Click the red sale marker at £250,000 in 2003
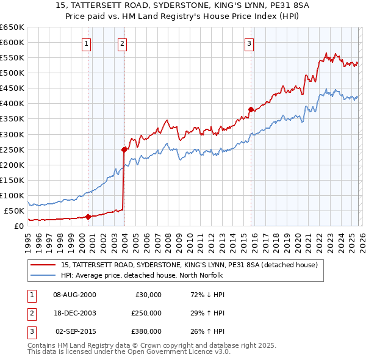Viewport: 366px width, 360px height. (124, 149)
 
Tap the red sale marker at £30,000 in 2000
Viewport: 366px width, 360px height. (88, 216)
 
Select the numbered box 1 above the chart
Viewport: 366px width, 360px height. (87, 43)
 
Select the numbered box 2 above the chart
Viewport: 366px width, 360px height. (123, 43)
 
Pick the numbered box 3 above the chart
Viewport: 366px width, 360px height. (249, 43)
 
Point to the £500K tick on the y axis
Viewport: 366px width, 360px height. (13, 73)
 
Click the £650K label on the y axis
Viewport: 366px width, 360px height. (13, 27)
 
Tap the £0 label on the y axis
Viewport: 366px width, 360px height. (18, 226)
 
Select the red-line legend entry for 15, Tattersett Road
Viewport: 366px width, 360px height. (189, 265)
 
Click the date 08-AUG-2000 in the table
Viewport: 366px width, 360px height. (74, 295)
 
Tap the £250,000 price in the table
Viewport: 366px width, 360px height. (146, 313)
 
